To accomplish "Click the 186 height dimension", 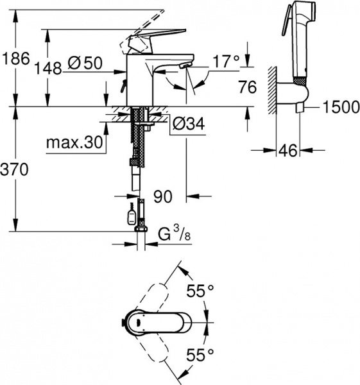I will (16, 58).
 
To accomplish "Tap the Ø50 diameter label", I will (85, 63).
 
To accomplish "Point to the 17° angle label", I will (225, 62).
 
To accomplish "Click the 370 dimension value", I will (16, 171).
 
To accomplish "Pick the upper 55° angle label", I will (200, 291).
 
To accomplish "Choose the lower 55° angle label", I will (200, 353).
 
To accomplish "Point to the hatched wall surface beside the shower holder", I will (274, 90).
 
